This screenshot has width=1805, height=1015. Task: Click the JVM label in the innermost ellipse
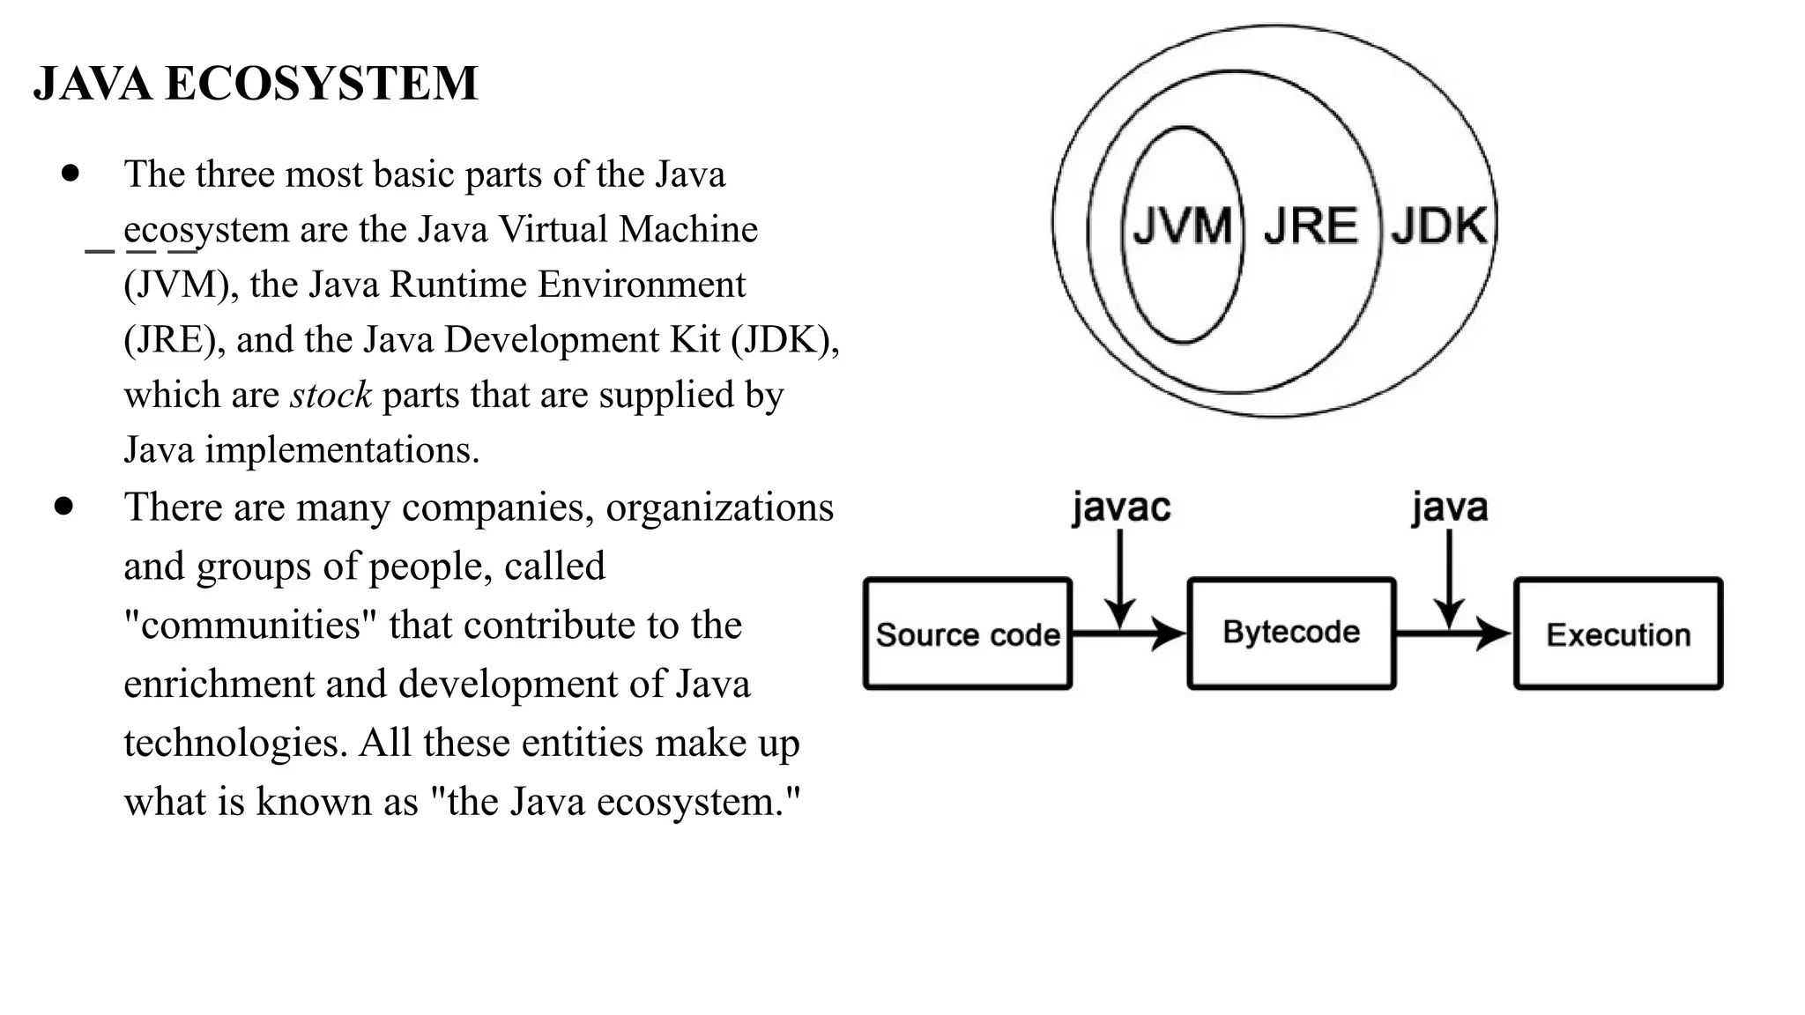coord(1182,226)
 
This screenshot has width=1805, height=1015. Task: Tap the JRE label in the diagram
coord(1311,226)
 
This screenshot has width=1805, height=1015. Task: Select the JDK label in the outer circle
coord(1438,226)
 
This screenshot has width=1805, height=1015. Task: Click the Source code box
coord(968,633)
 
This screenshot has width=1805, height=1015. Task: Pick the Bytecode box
coord(1291,633)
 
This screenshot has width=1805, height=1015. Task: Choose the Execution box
coord(1618,633)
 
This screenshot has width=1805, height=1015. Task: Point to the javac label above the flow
coord(1121,508)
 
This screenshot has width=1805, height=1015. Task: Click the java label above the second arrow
coord(1450,508)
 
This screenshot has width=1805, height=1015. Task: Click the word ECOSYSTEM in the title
coord(321,84)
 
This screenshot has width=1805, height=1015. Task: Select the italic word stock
coord(331,395)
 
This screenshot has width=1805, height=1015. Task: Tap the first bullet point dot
coord(71,173)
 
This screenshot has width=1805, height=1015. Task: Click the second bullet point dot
coord(63,507)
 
